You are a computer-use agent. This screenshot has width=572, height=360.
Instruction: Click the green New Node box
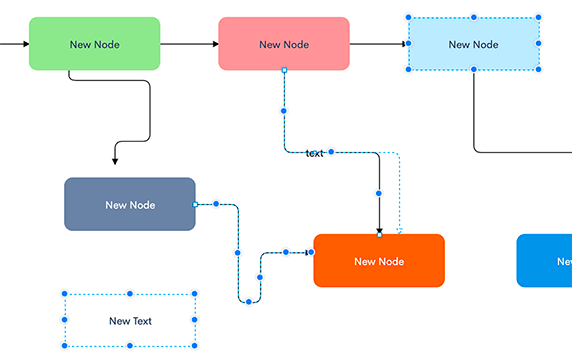click(94, 44)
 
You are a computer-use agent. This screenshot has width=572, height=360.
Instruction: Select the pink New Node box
click(284, 44)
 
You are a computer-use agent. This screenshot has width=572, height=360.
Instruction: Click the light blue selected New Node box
click(473, 44)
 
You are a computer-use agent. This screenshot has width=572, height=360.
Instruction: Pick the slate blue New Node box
click(130, 204)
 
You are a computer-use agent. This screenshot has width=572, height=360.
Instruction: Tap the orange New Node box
click(379, 261)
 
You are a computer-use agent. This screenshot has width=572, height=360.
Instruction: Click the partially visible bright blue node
click(545, 261)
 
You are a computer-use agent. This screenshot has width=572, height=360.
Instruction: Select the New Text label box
click(130, 321)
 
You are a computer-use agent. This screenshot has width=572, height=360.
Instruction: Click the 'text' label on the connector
click(314, 153)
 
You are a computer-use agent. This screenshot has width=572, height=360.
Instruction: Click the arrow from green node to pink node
click(189, 44)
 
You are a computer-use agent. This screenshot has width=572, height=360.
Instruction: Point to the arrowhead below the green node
click(115, 160)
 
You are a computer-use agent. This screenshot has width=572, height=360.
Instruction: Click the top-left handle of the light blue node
click(409, 18)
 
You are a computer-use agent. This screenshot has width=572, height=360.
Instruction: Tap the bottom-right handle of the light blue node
click(539, 71)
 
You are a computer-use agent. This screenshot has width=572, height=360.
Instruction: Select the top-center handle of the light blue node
click(474, 18)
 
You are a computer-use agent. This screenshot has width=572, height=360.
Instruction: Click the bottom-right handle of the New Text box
click(195, 346)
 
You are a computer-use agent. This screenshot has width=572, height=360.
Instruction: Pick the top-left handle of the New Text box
click(65, 295)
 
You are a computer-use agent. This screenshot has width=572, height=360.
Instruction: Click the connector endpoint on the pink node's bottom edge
click(284, 71)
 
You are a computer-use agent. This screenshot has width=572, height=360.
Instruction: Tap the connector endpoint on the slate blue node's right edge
click(196, 204)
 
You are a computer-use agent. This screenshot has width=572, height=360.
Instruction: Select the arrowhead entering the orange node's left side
click(309, 252)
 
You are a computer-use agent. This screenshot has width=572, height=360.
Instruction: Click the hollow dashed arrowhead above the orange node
click(400, 231)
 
